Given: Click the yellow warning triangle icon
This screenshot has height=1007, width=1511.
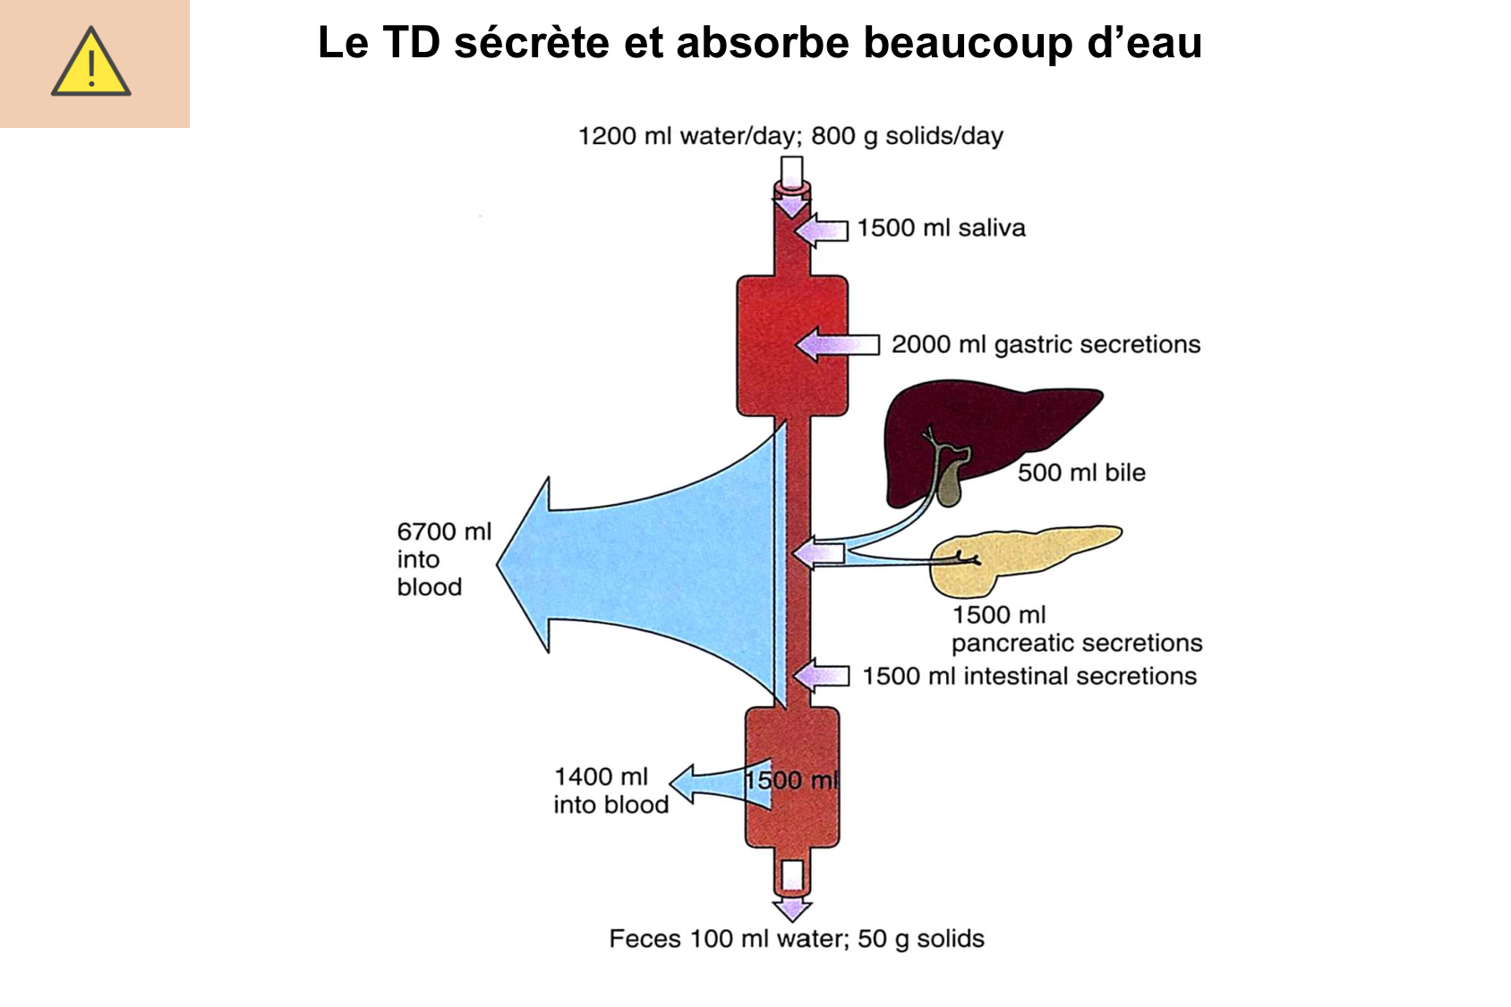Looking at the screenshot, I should click(x=91, y=63).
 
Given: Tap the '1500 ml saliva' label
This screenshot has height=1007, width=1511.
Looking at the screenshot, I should click(x=941, y=228).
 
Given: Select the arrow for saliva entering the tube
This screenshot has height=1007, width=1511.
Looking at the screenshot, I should click(x=822, y=230).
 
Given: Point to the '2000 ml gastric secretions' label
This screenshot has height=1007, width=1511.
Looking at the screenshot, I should click(x=1046, y=345).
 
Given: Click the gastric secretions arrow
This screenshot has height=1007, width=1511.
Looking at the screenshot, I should click(x=837, y=345).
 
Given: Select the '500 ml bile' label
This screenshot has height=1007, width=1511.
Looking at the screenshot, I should click(x=1081, y=473).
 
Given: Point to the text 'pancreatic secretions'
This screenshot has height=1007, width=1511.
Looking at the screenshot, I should click(x=1077, y=643).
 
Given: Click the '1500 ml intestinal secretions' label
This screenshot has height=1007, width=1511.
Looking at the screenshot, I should click(x=1029, y=676).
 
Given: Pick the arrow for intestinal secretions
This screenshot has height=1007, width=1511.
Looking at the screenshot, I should click(x=822, y=675).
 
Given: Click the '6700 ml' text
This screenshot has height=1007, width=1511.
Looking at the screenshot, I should click(x=444, y=532).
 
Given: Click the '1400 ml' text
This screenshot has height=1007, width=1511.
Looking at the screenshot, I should click(x=601, y=777).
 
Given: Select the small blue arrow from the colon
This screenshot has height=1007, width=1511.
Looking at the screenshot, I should click(x=707, y=785).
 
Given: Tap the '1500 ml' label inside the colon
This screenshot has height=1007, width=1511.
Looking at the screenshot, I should click(x=791, y=781).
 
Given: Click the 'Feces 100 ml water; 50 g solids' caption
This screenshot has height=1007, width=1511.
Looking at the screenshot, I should click(x=797, y=939).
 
